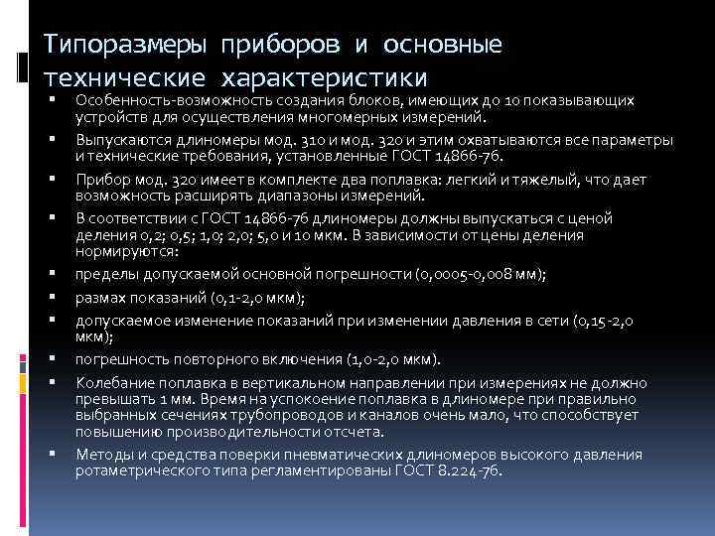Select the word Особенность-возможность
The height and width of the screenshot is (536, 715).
[163, 101]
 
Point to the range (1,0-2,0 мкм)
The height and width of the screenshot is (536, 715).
[393, 357]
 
